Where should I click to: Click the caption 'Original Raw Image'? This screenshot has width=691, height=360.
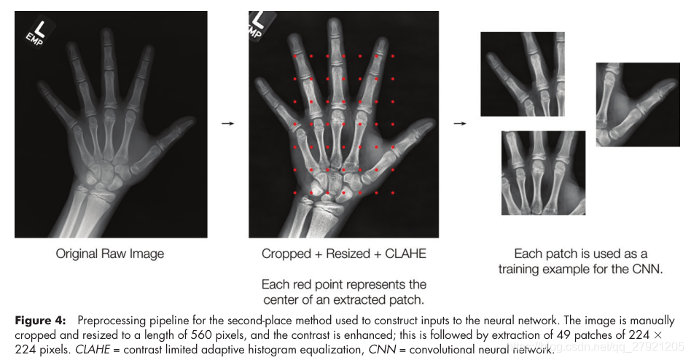(x=110, y=254)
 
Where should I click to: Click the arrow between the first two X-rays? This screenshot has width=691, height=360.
(x=227, y=123)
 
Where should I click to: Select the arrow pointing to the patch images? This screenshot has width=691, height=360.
(x=459, y=123)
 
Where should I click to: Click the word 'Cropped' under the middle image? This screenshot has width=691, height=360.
(x=286, y=254)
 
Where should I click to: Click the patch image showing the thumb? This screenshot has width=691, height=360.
(x=638, y=103)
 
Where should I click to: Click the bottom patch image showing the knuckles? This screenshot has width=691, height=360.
(x=543, y=173)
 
